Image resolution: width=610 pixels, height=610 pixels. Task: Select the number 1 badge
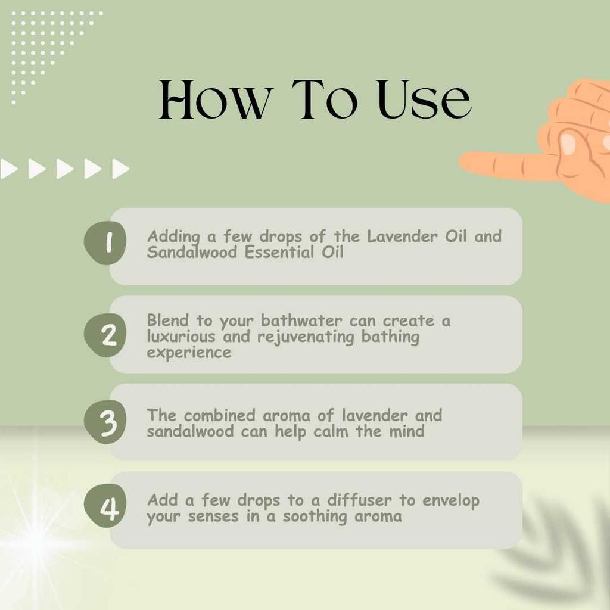coord(105,243)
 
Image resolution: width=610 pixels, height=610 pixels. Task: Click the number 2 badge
coord(105,335)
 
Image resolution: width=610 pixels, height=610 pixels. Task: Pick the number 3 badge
coord(105,422)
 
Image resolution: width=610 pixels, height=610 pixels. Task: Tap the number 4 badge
coord(105,509)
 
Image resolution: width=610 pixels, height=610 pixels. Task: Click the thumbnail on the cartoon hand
coord(567,142)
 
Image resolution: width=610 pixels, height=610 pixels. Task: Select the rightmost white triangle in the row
coord(120,169)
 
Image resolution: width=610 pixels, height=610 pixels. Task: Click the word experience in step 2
coord(189,353)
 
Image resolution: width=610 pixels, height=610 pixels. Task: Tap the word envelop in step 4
coord(451,501)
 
